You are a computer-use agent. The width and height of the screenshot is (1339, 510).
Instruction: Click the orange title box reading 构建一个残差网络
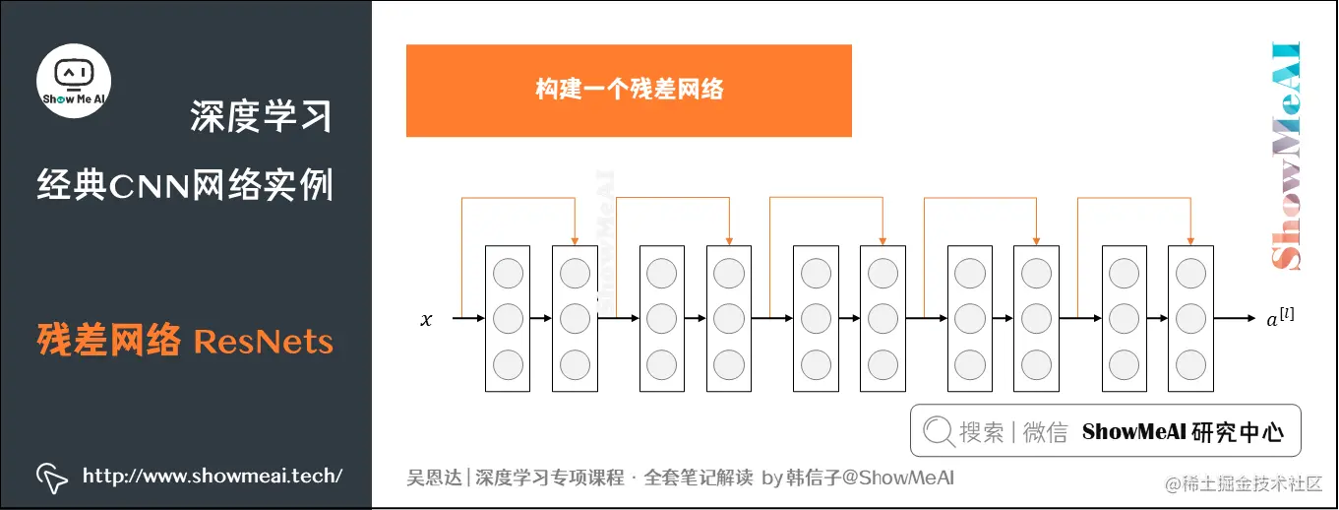click(x=629, y=90)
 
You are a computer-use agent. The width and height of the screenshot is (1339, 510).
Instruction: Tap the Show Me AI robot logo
click(x=74, y=80)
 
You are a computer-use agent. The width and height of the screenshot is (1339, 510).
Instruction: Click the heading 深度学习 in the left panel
click(x=261, y=116)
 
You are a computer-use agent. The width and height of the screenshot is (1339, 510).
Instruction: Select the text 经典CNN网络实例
click(x=185, y=184)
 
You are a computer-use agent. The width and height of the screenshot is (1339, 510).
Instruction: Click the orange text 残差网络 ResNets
click(x=185, y=341)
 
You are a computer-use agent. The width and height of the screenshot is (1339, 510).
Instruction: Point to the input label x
click(x=426, y=319)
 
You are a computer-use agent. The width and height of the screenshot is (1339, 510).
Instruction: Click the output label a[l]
click(x=1279, y=318)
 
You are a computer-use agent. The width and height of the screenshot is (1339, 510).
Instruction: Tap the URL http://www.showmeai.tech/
click(x=213, y=476)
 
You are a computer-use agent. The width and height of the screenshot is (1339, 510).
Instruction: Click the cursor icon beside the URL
click(x=51, y=477)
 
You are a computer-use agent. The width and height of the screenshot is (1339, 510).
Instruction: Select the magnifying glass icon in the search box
click(x=939, y=431)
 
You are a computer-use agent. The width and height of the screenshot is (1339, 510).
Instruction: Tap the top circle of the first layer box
click(x=508, y=273)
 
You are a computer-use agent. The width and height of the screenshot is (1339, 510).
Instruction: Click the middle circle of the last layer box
click(x=1190, y=318)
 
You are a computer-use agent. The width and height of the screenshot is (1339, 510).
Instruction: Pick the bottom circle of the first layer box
click(x=508, y=364)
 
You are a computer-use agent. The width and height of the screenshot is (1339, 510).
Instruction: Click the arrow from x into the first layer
click(x=468, y=318)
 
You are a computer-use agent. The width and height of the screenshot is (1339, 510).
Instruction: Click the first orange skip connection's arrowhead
click(x=575, y=239)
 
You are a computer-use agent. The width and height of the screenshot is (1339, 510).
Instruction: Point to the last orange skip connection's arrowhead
click(x=1190, y=239)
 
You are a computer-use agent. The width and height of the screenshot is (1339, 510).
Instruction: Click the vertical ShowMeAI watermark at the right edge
click(x=1286, y=158)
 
